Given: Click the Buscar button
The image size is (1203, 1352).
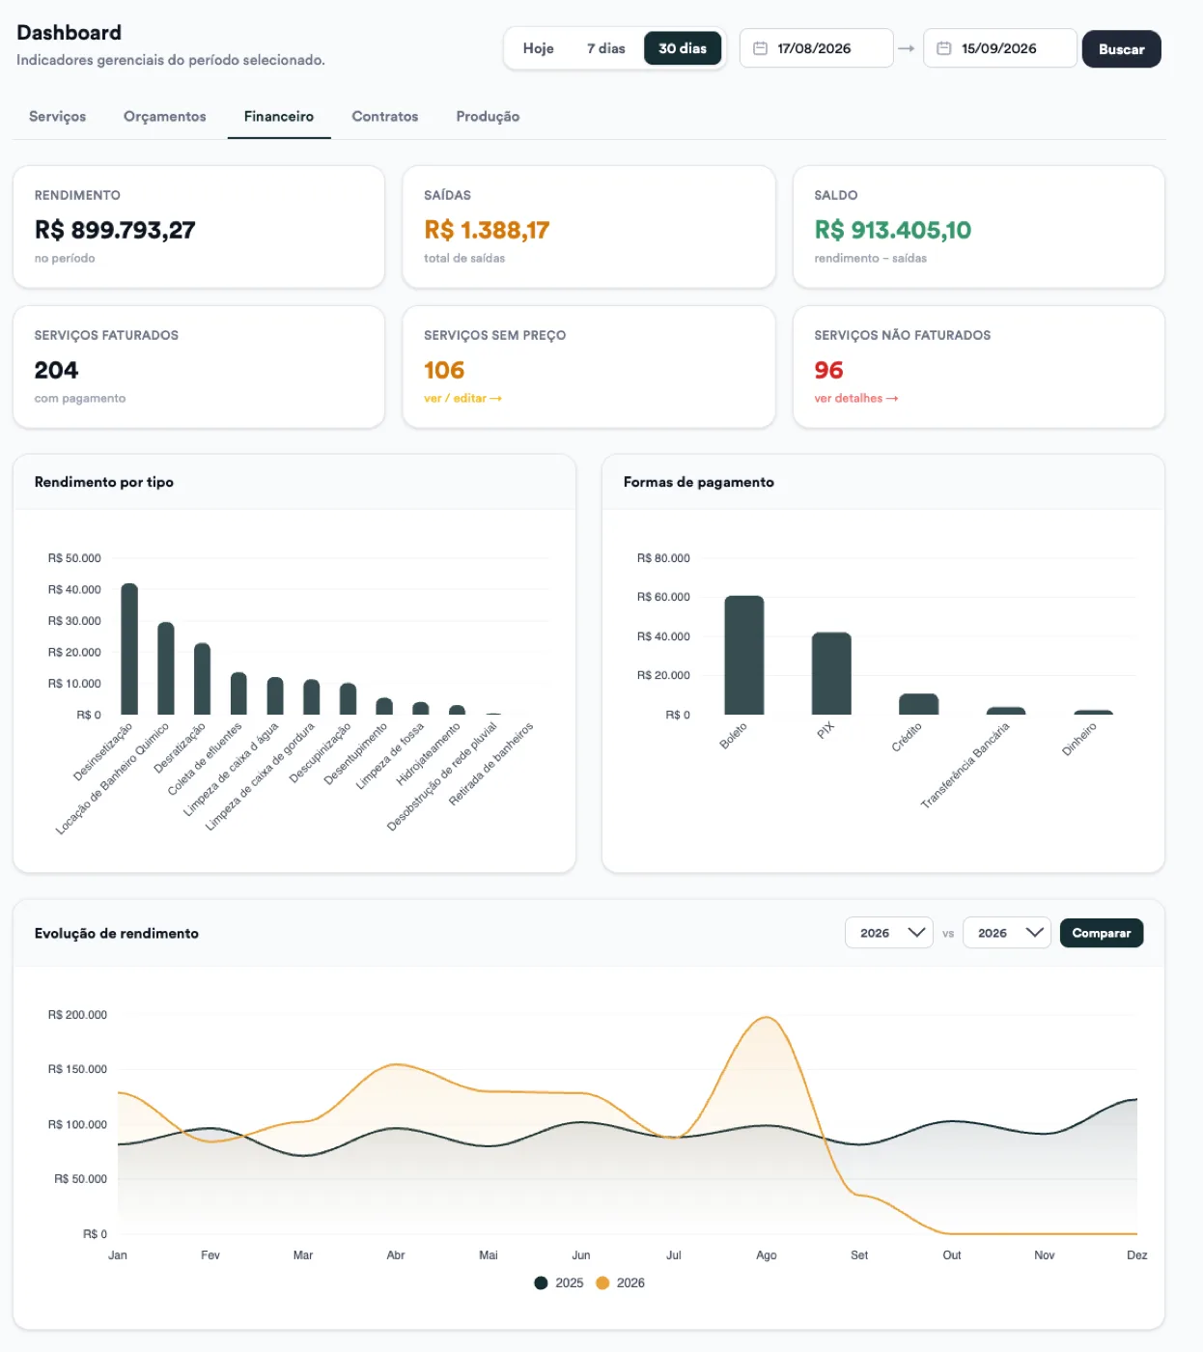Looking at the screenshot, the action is (1121, 48).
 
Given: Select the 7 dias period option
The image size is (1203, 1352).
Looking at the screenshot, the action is (605, 48).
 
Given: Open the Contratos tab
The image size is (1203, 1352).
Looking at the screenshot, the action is (385, 116).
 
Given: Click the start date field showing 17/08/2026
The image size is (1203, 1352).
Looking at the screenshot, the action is (816, 48).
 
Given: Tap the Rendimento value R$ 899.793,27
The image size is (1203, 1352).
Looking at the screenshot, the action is (115, 230).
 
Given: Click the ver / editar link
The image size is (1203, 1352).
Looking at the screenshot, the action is (462, 398).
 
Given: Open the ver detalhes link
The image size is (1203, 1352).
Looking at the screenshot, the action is (856, 398).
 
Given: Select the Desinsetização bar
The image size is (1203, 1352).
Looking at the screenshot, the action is (129, 649).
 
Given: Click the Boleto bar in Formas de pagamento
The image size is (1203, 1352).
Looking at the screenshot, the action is (744, 655).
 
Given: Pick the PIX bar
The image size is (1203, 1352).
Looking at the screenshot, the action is (831, 673).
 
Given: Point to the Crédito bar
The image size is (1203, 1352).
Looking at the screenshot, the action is (919, 704).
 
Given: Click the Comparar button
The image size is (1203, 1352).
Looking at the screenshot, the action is (1101, 933).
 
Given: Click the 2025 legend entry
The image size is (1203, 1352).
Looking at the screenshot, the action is (559, 1282).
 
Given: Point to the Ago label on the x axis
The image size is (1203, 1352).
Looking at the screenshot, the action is (766, 1254).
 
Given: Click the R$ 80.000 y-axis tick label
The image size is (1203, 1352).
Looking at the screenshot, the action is (663, 558).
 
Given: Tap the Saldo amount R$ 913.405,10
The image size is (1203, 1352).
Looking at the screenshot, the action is (893, 230).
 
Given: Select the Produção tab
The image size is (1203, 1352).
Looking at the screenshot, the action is (488, 116).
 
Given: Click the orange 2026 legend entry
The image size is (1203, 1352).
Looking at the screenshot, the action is (621, 1282).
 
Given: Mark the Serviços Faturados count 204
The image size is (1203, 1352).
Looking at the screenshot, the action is (56, 370).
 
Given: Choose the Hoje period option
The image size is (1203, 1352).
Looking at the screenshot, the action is (539, 48).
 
